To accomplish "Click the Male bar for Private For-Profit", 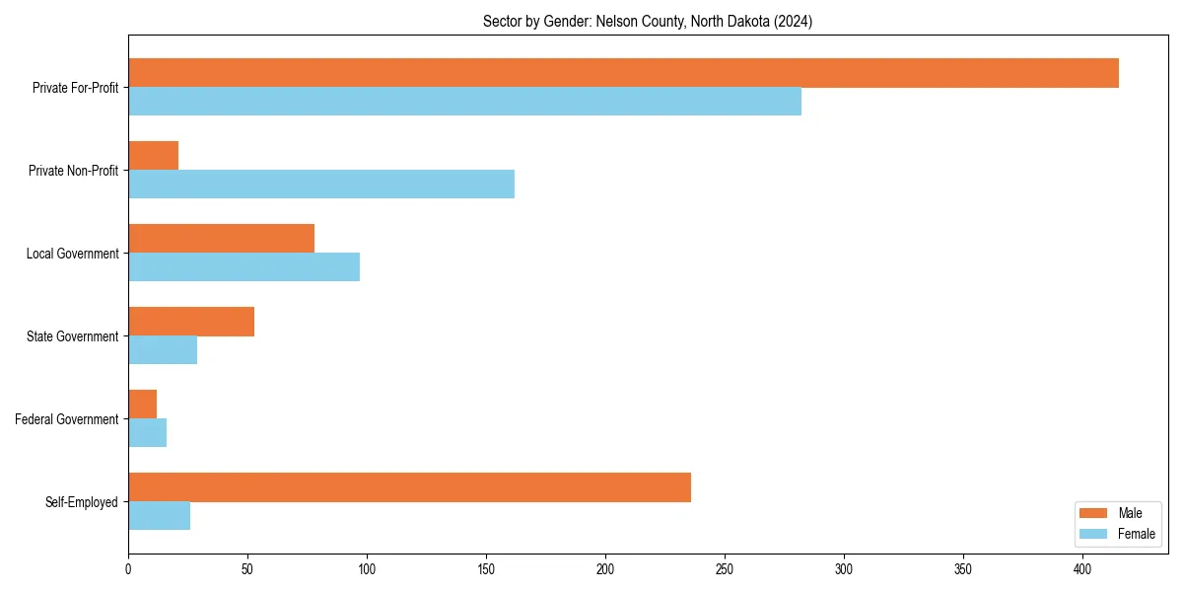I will click(x=623, y=73).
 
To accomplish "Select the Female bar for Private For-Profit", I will click(x=464, y=102).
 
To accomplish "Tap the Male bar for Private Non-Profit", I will click(x=153, y=156).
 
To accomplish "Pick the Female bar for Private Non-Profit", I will click(x=321, y=185).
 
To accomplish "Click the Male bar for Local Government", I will click(x=221, y=239).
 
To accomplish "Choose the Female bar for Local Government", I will click(x=244, y=267).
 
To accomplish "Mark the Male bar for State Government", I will click(x=191, y=322).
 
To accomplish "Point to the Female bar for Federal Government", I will click(x=147, y=433).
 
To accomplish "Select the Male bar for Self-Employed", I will click(x=409, y=487).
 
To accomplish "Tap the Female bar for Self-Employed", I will click(x=159, y=516).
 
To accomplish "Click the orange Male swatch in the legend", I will click(x=1094, y=513).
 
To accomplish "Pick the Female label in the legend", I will click(x=1136, y=535).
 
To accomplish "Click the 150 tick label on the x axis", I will click(x=486, y=569).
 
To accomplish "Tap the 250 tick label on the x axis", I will click(x=725, y=569).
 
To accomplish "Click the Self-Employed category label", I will click(x=82, y=502).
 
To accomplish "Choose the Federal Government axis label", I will click(x=67, y=419).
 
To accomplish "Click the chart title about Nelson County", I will click(x=648, y=21).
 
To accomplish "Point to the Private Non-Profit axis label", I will click(x=73, y=171).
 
